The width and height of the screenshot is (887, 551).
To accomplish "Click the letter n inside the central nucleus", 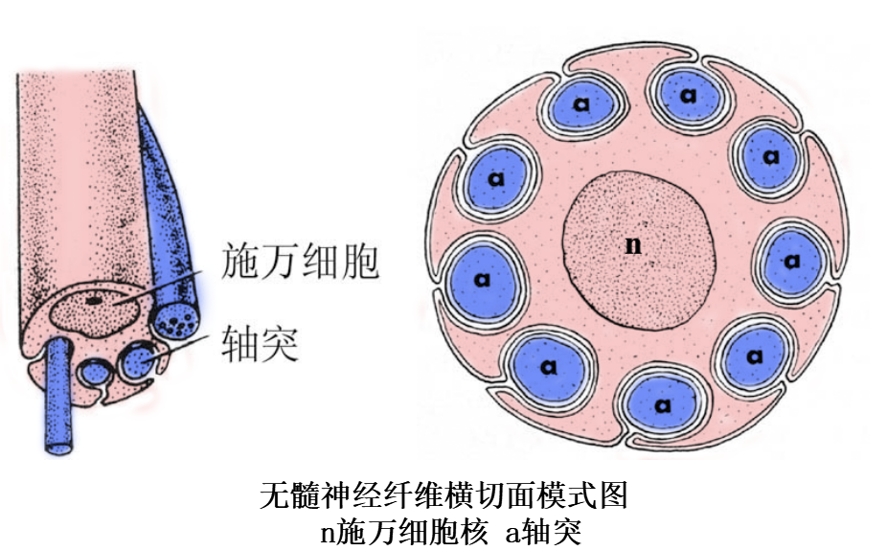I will (632, 245).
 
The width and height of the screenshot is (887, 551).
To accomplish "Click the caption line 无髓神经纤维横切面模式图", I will (444, 496).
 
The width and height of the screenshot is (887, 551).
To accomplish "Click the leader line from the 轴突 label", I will (177, 347).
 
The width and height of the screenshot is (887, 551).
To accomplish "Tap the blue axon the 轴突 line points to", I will (136, 361).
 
